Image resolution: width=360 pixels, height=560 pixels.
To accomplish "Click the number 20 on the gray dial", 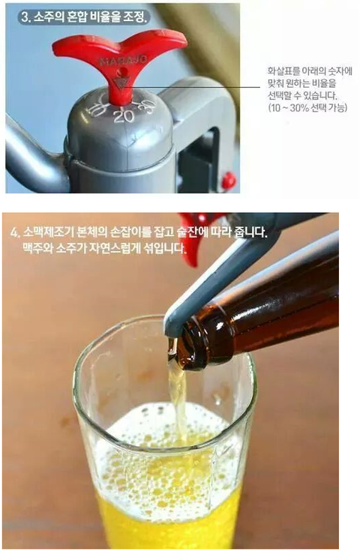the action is (x=124, y=116).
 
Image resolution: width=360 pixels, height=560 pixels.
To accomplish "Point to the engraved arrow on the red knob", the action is (x=121, y=84).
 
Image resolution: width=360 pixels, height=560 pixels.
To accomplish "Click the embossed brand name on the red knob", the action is (x=122, y=60).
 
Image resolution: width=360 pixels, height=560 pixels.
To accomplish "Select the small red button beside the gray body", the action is (x=228, y=181).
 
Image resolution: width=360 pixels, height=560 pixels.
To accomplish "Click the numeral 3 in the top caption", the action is (x=24, y=17).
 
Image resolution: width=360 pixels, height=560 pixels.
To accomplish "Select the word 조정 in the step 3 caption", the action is (x=135, y=17).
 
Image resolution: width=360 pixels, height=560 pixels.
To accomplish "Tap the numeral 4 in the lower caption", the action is (x=14, y=233).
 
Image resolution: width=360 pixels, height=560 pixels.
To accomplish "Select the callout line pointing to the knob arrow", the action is (x=193, y=86).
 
